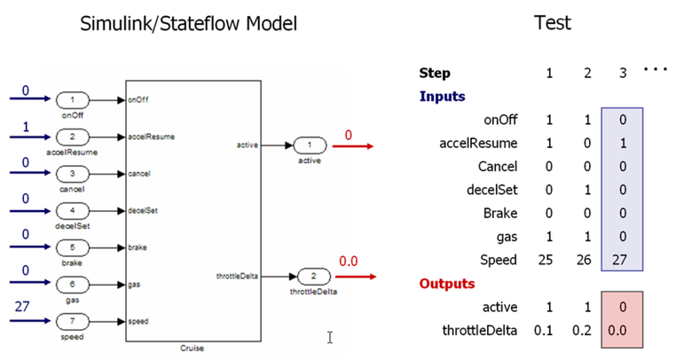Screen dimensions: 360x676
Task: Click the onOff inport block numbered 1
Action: pyautogui.click(x=75, y=101)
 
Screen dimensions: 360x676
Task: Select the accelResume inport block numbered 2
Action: pyautogui.click(x=75, y=137)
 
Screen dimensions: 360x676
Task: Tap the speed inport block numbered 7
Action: pyautogui.click(x=75, y=321)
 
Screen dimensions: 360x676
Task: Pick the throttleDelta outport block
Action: pyautogui.click(x=314, y=277)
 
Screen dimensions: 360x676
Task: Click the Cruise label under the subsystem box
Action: pyautogui.click(x=193, y=348)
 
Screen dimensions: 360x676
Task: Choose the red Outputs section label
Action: pyautogui.click(x=446, y=284)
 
